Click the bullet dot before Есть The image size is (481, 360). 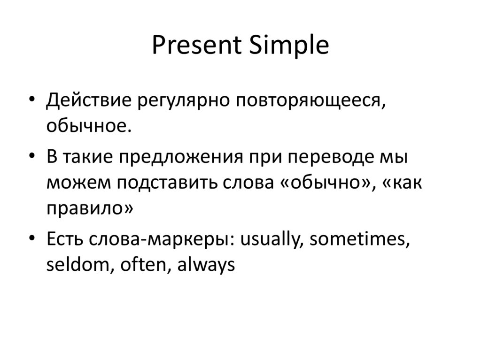[31, 239]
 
